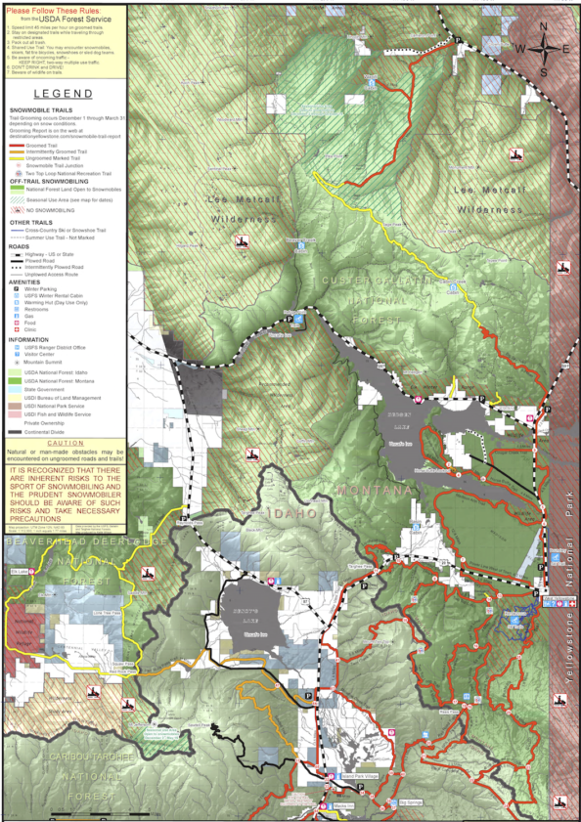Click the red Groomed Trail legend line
click(x=18, y=145)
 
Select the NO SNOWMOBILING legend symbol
click(x=18, y=209)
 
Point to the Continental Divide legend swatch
click(x=14, y=430)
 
